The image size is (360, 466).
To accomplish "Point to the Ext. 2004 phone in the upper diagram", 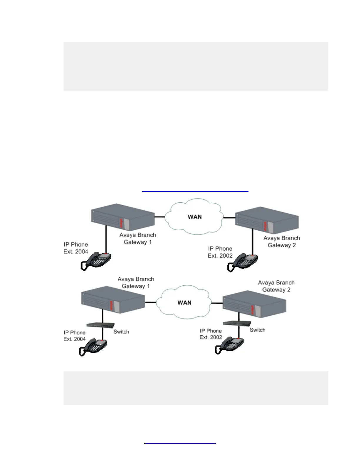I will [x=97, y=261].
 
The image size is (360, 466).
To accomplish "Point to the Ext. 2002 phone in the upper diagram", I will [x=243, y=262].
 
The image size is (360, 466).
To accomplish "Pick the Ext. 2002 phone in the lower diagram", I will [x=230, y=345].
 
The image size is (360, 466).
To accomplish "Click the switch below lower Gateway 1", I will [x=100, y=325].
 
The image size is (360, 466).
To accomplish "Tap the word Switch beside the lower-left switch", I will [x=121, y=332].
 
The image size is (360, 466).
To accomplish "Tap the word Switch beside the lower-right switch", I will [x=258, y=330].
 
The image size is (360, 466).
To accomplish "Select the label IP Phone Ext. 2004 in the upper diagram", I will [x=76, y=248].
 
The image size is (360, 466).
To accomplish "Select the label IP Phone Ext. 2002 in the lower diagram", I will [x=211, y=334].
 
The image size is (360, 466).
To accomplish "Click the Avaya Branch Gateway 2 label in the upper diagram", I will [x=281, y=242].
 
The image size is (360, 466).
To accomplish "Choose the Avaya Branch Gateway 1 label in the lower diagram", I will [x=136, y=282].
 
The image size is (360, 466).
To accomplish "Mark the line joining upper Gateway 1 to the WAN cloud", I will [x=160, y=217].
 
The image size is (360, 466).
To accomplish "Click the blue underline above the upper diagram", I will [x=195, y=192].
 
